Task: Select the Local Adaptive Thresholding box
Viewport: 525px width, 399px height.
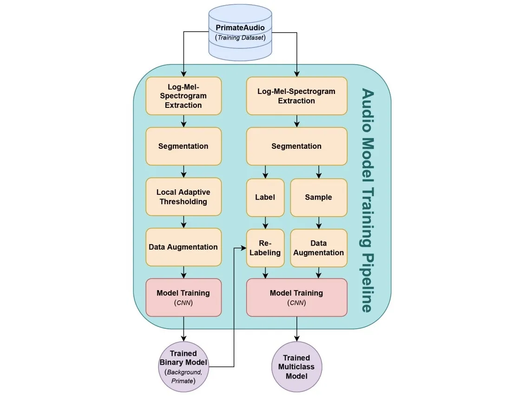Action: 184,197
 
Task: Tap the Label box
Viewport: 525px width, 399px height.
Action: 265,197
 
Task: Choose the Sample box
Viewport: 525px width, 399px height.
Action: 318,197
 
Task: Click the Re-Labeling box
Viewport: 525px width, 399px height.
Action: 265,248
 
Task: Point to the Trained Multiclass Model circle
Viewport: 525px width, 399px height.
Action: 296,367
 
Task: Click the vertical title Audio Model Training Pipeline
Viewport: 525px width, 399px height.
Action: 367,200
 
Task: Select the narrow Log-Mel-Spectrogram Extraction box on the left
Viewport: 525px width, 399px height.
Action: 184,96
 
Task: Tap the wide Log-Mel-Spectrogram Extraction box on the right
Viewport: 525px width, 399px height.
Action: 296,96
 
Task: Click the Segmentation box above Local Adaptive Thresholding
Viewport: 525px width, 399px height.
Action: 184,146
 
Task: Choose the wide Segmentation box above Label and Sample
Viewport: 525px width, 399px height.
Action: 296,146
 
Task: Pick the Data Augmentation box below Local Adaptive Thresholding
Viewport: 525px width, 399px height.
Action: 184,247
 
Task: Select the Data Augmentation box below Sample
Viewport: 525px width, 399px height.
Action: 319,248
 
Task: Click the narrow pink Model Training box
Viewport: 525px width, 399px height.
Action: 184,297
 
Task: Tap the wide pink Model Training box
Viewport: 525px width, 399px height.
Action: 296,297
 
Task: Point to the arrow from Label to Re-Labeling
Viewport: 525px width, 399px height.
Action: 265,223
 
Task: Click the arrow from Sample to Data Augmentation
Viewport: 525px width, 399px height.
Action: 319,223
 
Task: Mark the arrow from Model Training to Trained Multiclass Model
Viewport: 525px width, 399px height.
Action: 297,329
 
